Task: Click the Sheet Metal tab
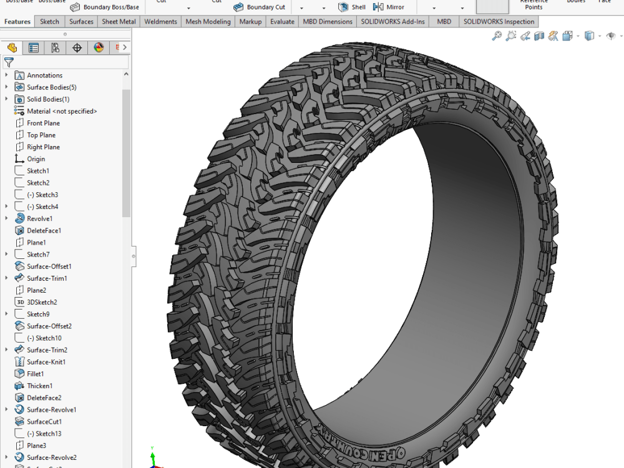coord(119,22)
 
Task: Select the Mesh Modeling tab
coord(208,22)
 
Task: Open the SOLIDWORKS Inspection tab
coord(499,22)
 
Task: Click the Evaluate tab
coord(282,22)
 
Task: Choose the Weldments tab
coord(160,22)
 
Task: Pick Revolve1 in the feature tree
coord(39,218)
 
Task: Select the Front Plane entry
coord(43,123)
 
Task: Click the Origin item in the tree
coord(36,159)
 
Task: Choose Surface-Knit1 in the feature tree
coord(46,362)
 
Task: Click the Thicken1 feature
coord(39,386)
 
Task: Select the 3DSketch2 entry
coord(41,302)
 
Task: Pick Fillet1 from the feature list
coord(35,374)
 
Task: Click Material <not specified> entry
coord(61,111)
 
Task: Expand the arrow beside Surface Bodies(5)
coord(7,87)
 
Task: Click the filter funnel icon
coord(9,62)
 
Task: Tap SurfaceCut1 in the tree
coord(44,422)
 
